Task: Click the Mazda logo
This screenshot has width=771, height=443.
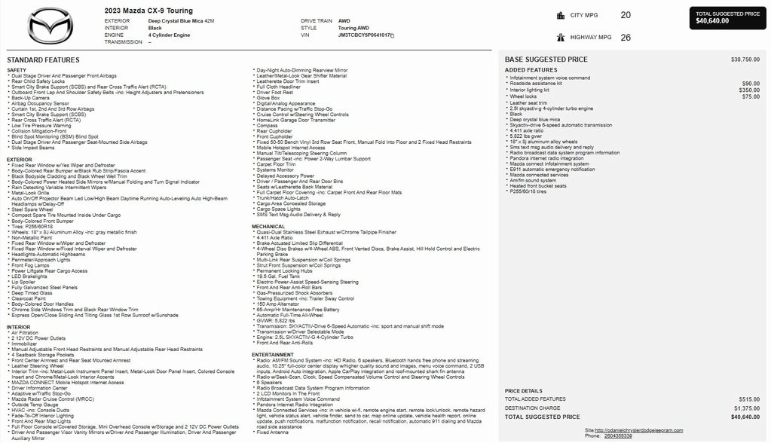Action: pyautogui.click(x=50, y=26)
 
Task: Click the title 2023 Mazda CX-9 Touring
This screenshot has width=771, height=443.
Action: pyautogui.click(x=148, y=11)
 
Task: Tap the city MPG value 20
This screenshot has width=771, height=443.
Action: pyautogui.click(x=626, y=15)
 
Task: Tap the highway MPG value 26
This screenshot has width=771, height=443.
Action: pyautogui.click(x=626, y=38)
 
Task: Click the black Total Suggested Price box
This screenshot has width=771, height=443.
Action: pyautogui.click(x=727, y=17)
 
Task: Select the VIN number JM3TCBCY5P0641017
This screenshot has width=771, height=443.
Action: pyautogui.click(x=365, y=35)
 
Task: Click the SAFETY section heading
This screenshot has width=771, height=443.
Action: pyautogui.click(x=17, y=70)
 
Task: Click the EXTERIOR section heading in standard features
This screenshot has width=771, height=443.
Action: pyautogui.click(x=20, y=160)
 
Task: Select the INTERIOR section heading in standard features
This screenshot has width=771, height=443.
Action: pyautogui.click(x=19, y=327)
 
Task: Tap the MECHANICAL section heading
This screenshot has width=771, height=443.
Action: pyautogui.click(x=268, y=226)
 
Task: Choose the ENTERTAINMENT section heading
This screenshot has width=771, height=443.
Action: pyautogui.click(x=273, y=355)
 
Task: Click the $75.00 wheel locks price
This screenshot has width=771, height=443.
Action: pyautogui.click(x=751, y=96)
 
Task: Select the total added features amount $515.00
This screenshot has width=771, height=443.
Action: pyautogui.click(x=749, y=399)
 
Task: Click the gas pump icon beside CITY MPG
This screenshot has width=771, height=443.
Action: pyautogui.click(x=561, y=15)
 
